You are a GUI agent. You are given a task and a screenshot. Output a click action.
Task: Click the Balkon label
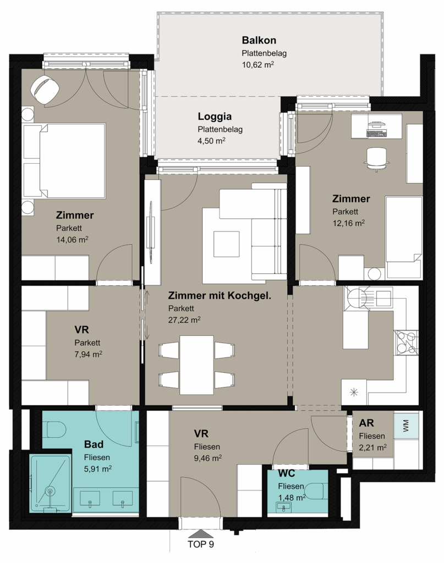pos(259,40)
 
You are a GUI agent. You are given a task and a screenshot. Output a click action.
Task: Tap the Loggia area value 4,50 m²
pos(211,141)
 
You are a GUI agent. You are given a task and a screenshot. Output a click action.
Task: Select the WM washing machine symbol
pos(406,426)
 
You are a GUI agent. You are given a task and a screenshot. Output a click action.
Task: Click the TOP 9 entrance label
pos(201,545)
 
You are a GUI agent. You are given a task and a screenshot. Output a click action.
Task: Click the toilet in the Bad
pos(56,429)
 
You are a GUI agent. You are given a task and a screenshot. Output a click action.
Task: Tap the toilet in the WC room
pos(316,491)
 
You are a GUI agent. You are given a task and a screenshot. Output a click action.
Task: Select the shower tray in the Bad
pos(51,484)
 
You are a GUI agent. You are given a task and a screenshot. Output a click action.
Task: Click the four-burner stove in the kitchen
pos(406,343)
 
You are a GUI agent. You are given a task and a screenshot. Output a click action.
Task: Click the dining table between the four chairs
pos(196,365)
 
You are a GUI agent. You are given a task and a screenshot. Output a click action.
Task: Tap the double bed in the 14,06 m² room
pos(64,161)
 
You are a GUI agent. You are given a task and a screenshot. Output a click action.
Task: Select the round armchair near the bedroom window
pos(45,90)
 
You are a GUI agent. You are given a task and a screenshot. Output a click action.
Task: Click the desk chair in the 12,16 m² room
pos(376,158)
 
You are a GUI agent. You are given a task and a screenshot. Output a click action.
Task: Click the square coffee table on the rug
pos(226,244)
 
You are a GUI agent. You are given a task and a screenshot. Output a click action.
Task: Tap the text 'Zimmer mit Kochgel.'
pos(220,296)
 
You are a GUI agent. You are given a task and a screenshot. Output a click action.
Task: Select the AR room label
pos(366,423)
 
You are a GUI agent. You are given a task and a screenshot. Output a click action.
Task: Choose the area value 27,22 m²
pos(184,320)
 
